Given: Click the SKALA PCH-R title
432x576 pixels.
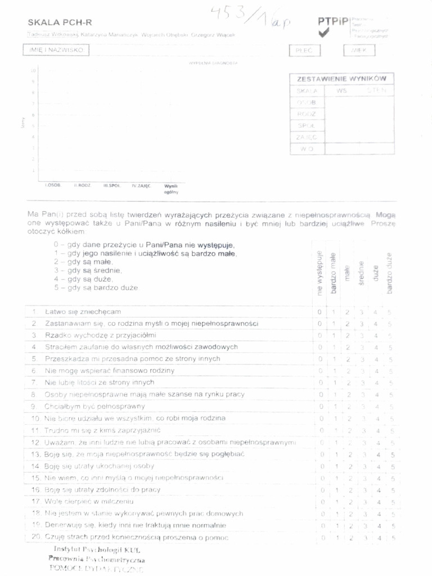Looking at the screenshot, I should [60, 22].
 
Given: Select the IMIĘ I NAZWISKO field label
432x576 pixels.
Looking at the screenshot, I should [56, 50].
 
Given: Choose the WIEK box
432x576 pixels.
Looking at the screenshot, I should [359, 51].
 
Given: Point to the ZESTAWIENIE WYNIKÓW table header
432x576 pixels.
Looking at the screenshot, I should [341, 79].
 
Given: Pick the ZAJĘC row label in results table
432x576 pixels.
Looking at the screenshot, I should [307, 137].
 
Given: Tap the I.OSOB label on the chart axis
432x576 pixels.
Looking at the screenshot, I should [52, 185].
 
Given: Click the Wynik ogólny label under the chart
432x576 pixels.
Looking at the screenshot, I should [171, 188].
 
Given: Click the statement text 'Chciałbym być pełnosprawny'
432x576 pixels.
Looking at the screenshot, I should [95, 406].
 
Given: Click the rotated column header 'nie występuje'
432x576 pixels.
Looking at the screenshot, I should [319, 274].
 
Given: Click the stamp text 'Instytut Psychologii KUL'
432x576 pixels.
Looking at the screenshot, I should [97, 549].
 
